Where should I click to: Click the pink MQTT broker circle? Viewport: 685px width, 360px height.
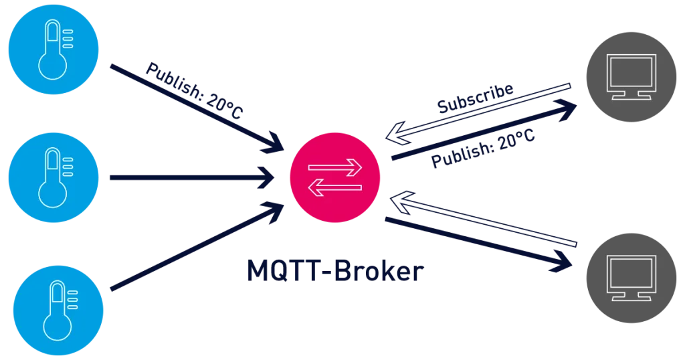(335, 177)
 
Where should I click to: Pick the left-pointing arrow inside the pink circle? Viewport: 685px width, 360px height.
(335, 189)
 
